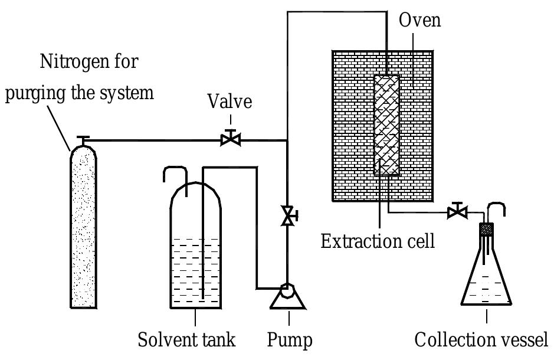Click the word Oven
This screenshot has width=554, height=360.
pyautogui.click(x=419, y=20)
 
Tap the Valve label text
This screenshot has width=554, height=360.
pyautogui.click(x=230, y=102)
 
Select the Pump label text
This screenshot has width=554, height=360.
pyautogui.click(x=289, y=340)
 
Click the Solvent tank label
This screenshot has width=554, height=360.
pyautogui.click(x=186, y=340)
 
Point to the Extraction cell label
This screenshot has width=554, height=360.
pyautogui.click(x=378, y=241)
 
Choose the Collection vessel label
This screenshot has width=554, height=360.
pyautogui.click(x=481, y=340)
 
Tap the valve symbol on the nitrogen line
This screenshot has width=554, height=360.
pyautogui.click(x=230, y=139)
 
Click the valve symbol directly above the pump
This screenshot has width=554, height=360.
pyautogui.click(x=288, y=215)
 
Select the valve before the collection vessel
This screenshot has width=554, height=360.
pyautogui.click(x=457, y=211)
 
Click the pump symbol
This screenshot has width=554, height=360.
pyautogui.click(x=287, y=294)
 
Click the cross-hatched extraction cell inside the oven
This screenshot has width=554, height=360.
pyautogui.click(x=386, y=125)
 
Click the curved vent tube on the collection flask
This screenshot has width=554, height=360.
pyautogui.click(x=499, y=210)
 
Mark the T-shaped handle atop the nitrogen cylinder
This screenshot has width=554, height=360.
pyautogui.click(x=83, y=139)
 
